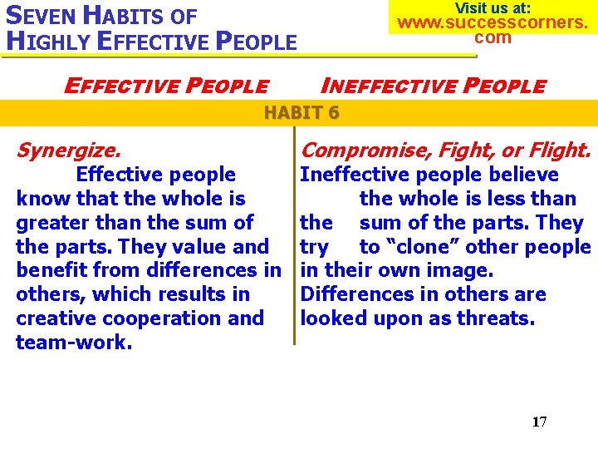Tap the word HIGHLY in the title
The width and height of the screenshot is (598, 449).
click(x=47, y=41)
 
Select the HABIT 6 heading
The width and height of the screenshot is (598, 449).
click(x=301, y=112)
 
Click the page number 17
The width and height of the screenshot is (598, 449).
click(x=539, y=422)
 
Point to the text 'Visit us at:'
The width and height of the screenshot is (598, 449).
click(x=493, y=7)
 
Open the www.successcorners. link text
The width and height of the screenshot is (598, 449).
click(x=493, y=22)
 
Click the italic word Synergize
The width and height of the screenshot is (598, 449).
click(x=69, y=150)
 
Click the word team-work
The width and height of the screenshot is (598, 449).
click(x=74, y=343)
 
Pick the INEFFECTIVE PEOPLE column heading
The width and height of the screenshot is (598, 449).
click(x=433, y=86)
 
